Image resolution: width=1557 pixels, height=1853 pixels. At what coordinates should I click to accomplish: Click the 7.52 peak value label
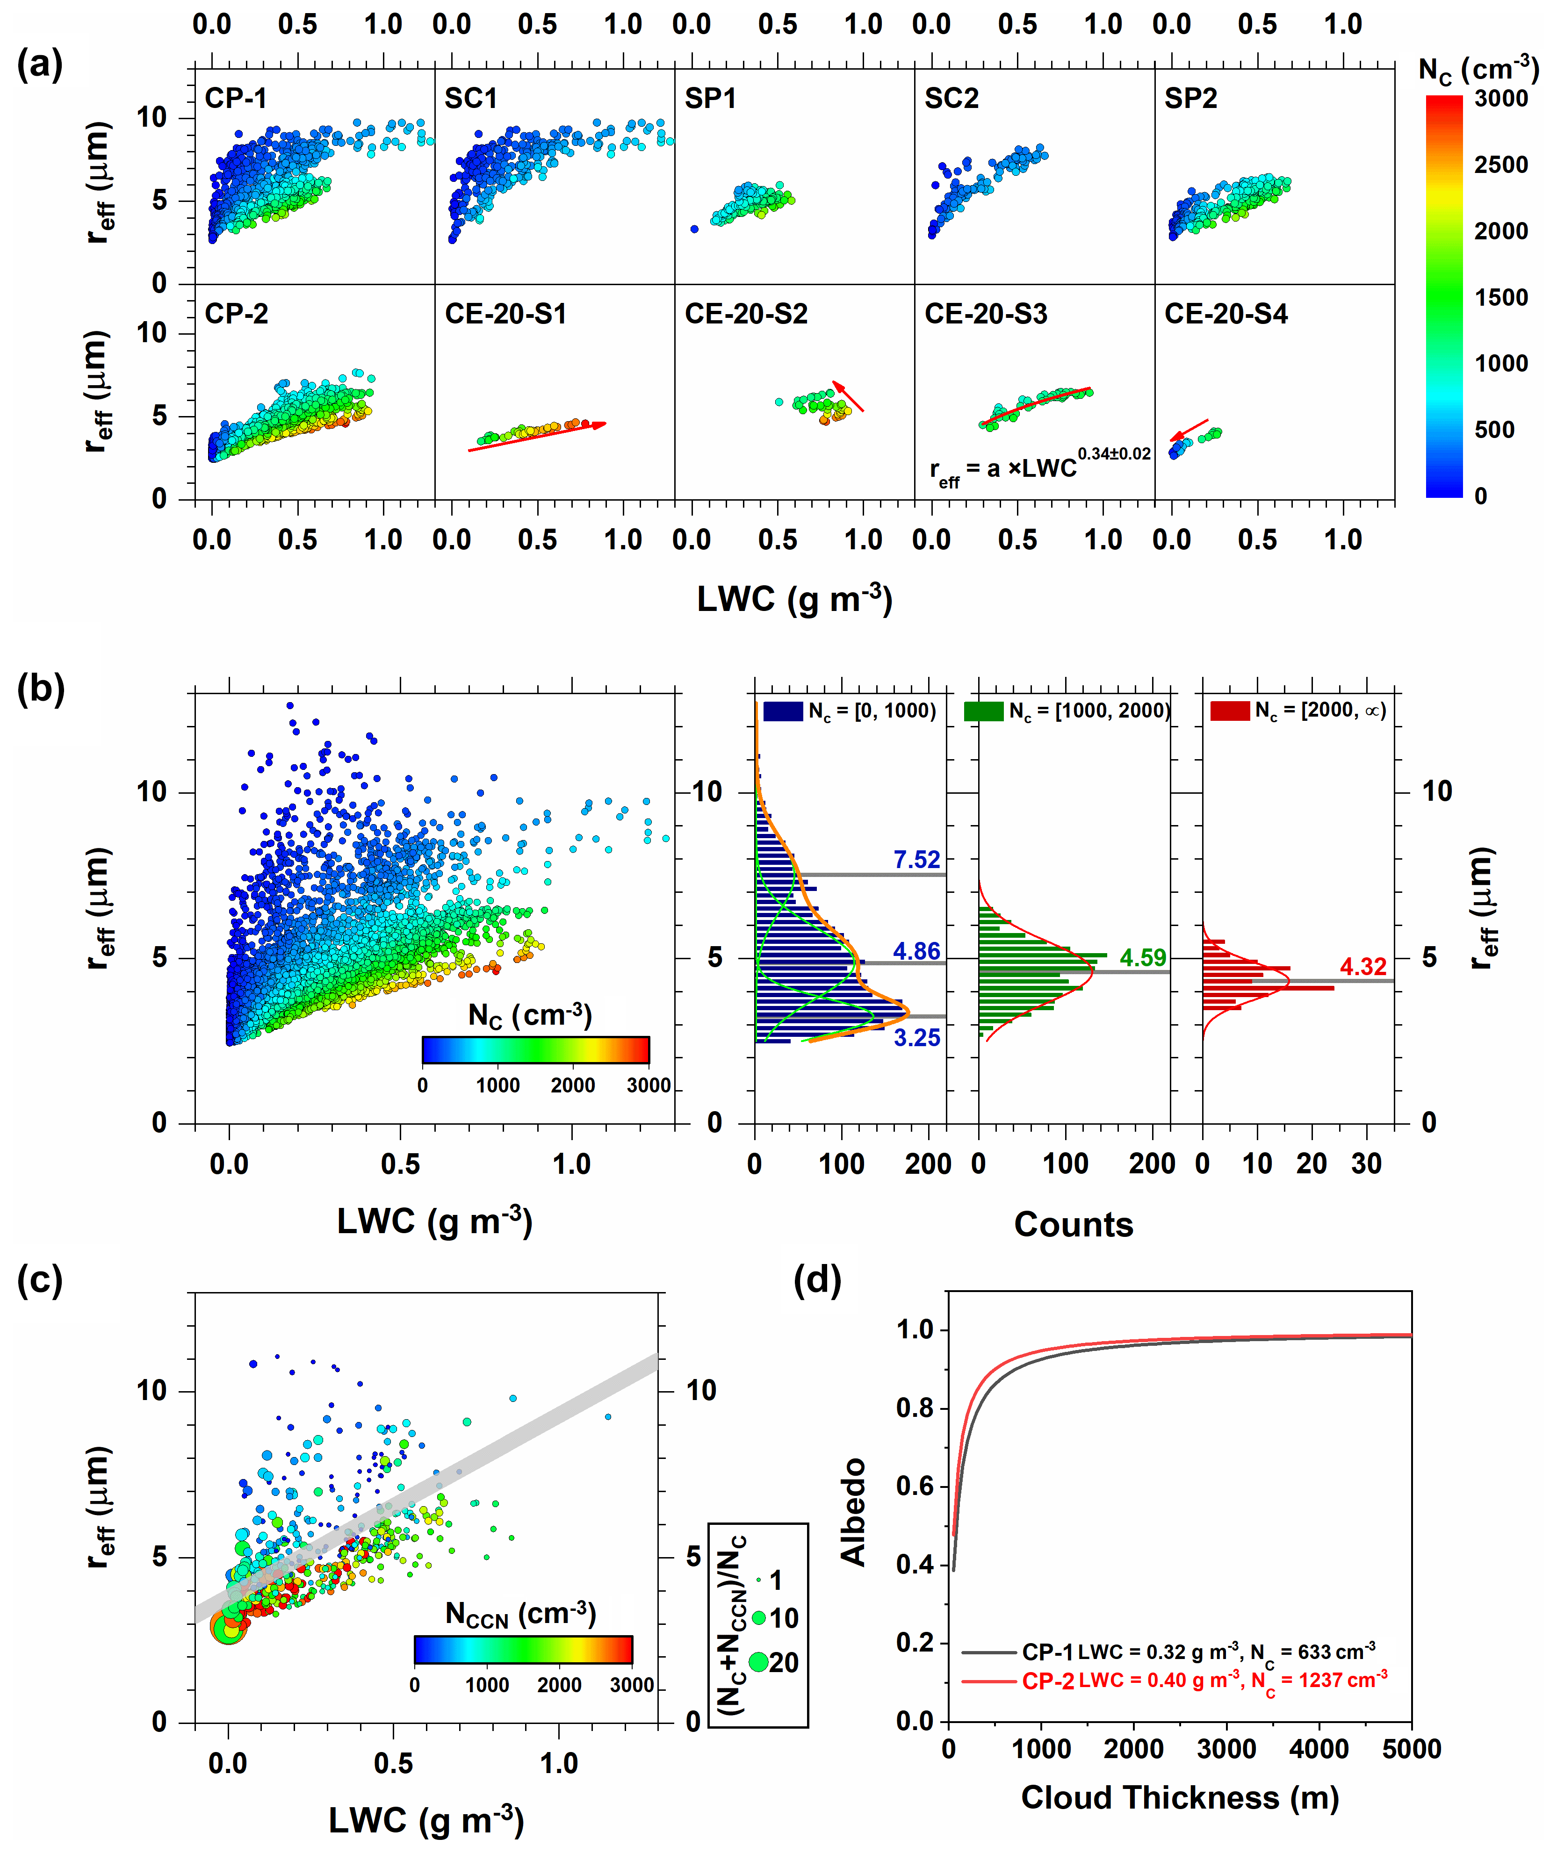coord(916,860)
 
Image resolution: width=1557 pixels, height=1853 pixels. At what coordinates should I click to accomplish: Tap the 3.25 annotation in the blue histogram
coord(916,1038)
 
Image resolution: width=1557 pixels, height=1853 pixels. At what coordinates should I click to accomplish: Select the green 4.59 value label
coord(1142,957)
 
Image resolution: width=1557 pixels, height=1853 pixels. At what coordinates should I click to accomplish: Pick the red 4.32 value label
coord(1363,966)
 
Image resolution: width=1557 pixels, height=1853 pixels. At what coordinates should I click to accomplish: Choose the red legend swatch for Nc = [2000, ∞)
coord(1229,711)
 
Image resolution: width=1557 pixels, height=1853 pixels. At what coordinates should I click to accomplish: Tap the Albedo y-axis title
coord(853,1511)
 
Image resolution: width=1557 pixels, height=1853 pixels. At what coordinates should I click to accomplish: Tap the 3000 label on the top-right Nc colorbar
coord(1500,98)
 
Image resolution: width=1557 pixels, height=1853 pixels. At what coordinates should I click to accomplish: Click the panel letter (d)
coord(816,1279)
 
